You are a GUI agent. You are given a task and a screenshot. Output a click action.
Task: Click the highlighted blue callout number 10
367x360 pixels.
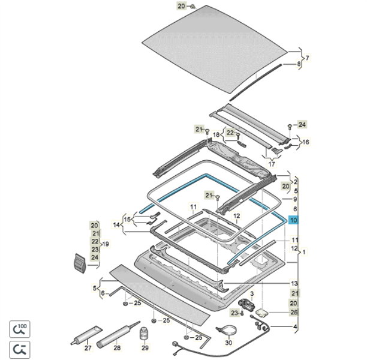293,220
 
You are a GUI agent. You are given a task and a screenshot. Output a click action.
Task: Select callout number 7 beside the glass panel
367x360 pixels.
307,58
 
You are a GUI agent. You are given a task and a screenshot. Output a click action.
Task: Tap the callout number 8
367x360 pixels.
299,64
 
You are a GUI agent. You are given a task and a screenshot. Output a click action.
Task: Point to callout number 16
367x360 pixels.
306,142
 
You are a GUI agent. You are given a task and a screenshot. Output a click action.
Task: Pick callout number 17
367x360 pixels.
271,163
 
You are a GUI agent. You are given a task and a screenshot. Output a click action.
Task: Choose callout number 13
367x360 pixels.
294,283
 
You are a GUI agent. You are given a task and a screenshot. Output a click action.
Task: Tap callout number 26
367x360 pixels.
294,312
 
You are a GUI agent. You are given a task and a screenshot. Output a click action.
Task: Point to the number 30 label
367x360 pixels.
228,343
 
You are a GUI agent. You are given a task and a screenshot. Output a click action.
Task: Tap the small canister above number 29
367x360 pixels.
144,334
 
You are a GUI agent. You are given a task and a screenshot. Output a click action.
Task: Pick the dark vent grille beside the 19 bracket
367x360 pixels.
77,262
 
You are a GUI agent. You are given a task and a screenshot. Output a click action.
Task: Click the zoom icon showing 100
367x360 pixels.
20,329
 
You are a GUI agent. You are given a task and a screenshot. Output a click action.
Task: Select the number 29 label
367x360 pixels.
144,348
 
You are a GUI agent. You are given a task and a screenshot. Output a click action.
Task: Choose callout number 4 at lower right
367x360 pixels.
294,326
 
